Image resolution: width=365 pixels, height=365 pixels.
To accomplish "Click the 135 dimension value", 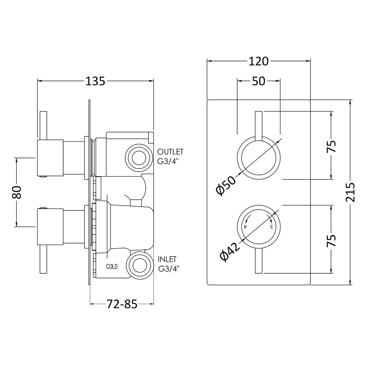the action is coord(96,81).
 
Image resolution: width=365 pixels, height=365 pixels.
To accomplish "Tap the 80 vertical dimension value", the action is coord(17,192).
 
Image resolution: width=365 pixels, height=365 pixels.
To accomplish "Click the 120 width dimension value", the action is coord(259,61).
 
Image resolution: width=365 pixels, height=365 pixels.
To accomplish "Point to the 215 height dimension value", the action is coord(350,192).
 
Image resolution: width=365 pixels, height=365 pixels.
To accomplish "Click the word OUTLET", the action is coord(170,152).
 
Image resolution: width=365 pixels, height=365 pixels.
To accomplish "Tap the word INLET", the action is coord(167,259).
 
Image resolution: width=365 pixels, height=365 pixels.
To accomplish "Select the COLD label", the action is coord(112,267).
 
